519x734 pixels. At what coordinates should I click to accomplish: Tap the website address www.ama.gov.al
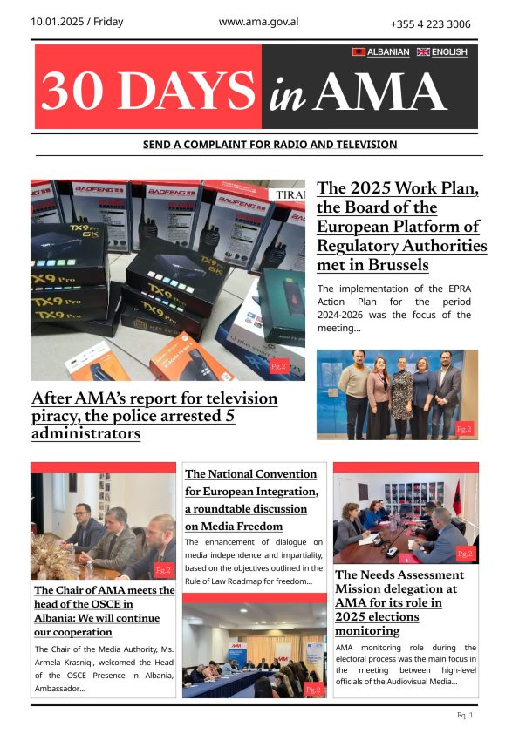[x=258, y=21]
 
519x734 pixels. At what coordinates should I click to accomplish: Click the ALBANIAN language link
[x=388, y=52]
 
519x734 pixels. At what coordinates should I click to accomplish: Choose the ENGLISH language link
[x=449, y=52]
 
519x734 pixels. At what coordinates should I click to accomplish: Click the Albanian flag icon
[x=358, y=52]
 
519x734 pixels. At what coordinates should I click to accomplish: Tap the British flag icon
[x=423, y=52]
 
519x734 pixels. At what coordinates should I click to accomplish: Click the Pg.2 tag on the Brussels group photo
[x=464, y=429]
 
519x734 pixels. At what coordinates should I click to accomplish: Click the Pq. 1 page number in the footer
[x=465, y=716]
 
